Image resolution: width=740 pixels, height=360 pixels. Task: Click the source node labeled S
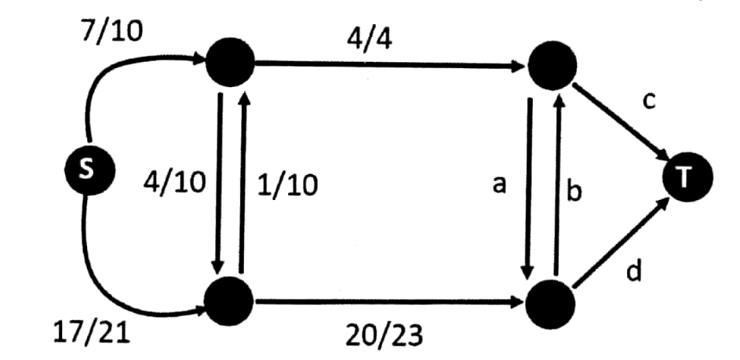pos(89,169)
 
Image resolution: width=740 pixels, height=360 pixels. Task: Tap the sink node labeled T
pos(688,177)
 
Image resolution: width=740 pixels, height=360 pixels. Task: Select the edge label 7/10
pos(112,32)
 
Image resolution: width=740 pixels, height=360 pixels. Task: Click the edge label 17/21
pos(91,333)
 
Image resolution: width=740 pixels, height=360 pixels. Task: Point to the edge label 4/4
pos(370,39)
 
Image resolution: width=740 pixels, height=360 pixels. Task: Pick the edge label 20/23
pos(385,336)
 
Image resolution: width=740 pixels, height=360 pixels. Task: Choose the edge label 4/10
pos(175,182)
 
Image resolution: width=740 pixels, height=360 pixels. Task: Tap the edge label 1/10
pos(287,184)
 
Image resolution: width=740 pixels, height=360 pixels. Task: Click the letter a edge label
pos(499,184)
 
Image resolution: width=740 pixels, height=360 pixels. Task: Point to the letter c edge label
pos(650,101)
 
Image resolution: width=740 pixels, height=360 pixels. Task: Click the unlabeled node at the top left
pos(230,62)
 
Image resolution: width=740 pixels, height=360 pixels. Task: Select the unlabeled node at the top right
pos(552,65)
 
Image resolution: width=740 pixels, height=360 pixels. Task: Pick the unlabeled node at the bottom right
pos(551,304)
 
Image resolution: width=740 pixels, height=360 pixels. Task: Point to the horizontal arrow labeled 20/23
pos(390,302)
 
